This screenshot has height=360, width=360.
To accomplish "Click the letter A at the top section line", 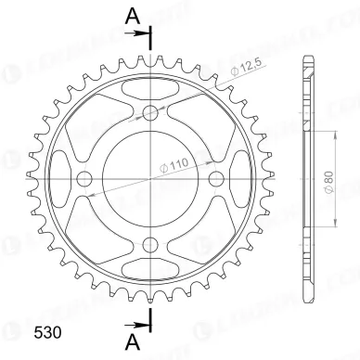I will (x=133, y=15).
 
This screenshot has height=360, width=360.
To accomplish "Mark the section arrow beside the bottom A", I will (x=144, y=325).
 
